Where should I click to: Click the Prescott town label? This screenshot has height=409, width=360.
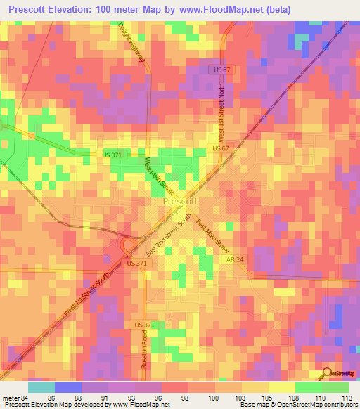click(181, 201)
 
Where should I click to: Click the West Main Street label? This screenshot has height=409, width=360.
click(158, 176)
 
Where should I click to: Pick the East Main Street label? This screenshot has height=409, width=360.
click(213, 235)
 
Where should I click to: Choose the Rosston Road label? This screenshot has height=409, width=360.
click(145, 344)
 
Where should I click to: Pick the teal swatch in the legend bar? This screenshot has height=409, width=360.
click(41, 387)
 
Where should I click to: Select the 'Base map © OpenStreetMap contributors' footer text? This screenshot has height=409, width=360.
click(297, 405)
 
